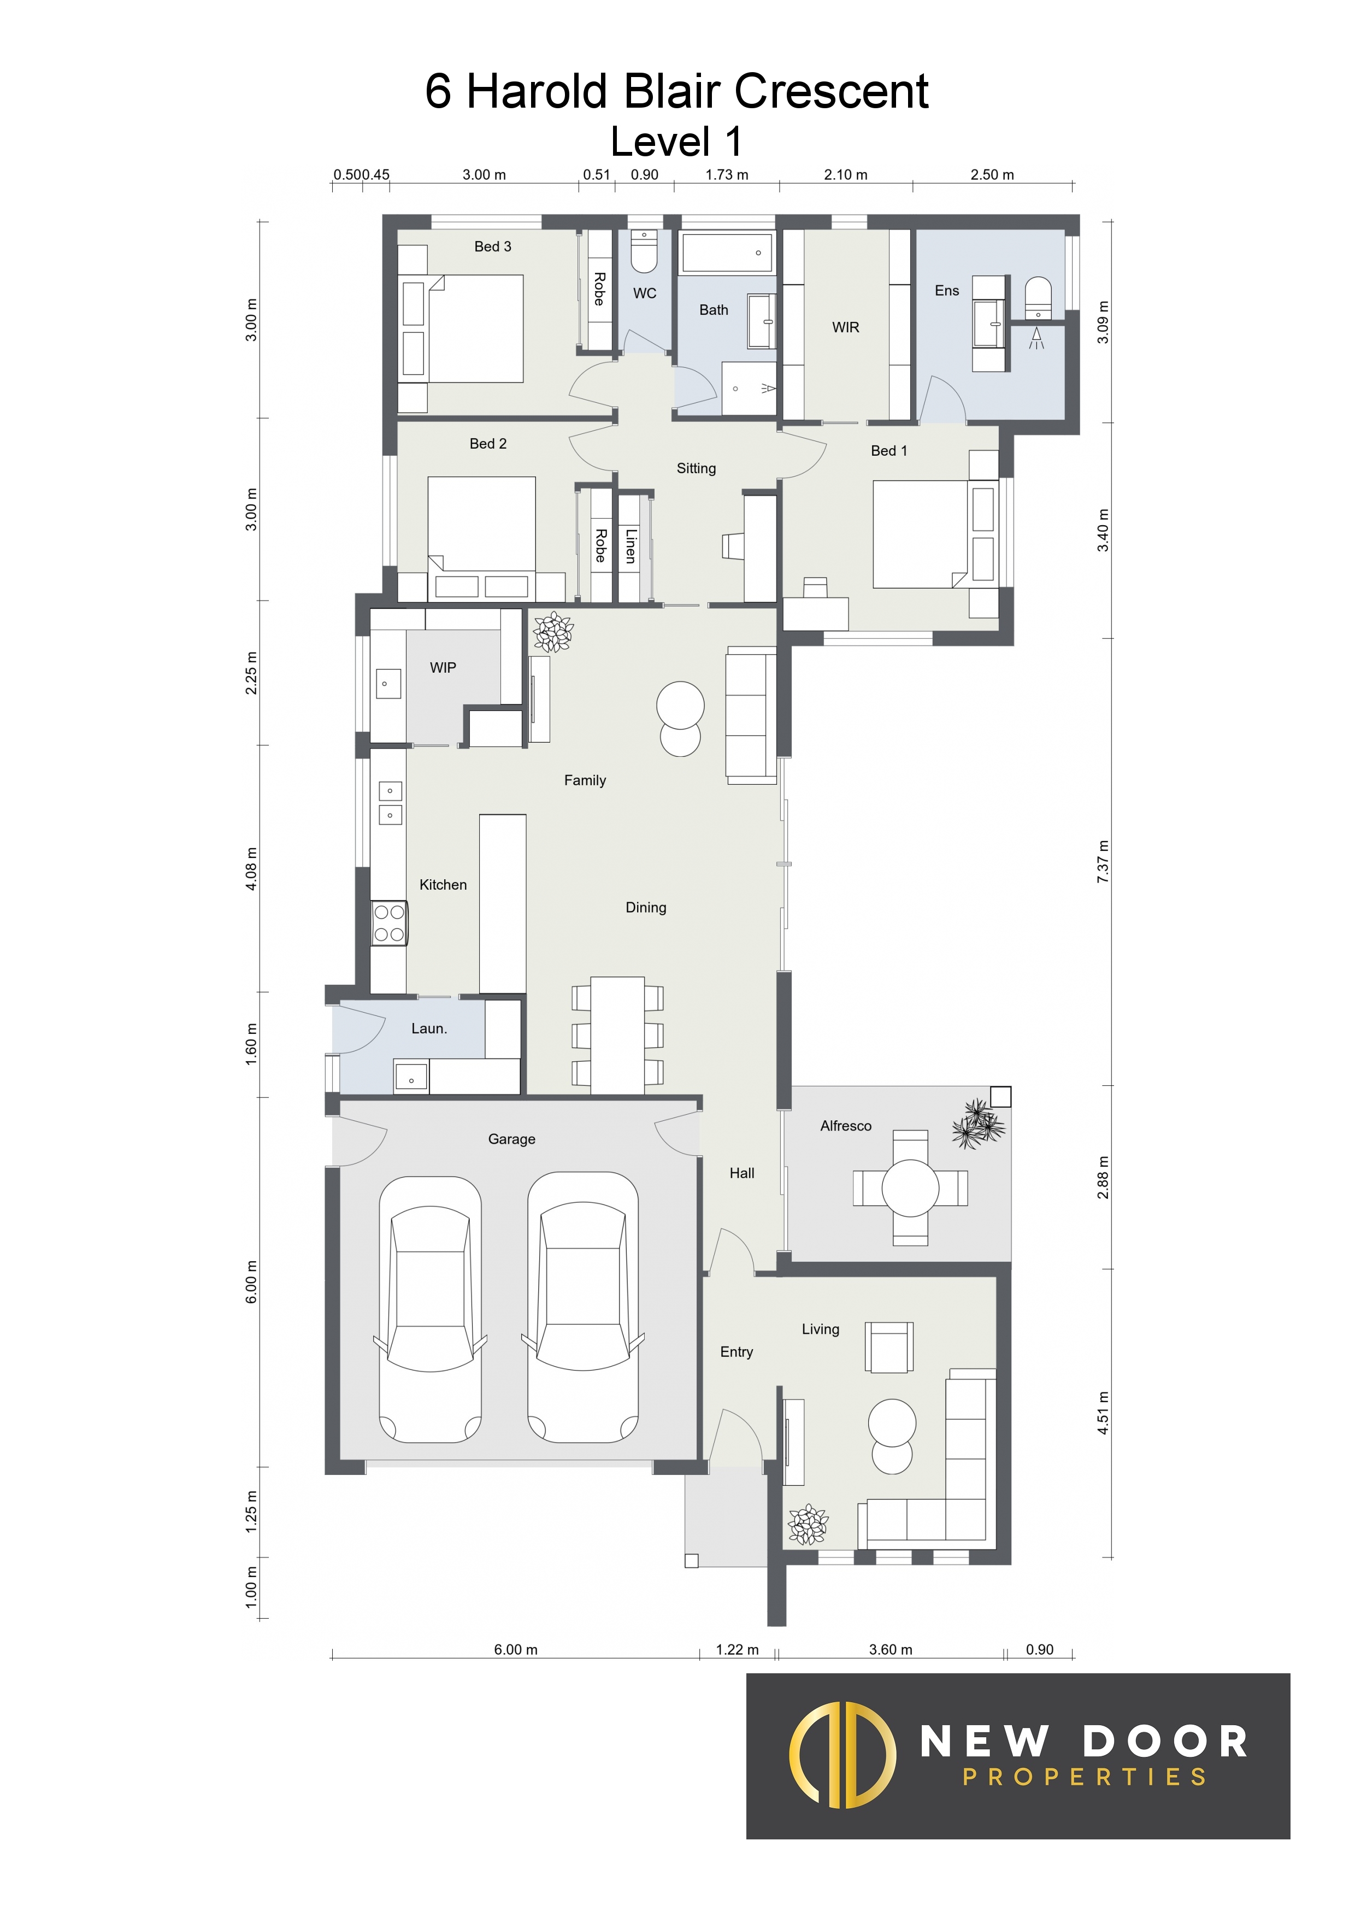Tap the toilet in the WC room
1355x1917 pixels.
644,251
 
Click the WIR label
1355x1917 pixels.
845,327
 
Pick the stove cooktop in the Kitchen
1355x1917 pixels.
389,922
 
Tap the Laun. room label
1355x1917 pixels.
429,1028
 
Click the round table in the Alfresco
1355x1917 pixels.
910,1187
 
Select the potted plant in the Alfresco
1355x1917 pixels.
977,1124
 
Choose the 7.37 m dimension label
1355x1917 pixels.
1103,862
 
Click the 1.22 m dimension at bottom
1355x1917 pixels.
737,1649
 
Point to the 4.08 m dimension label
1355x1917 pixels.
251,868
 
